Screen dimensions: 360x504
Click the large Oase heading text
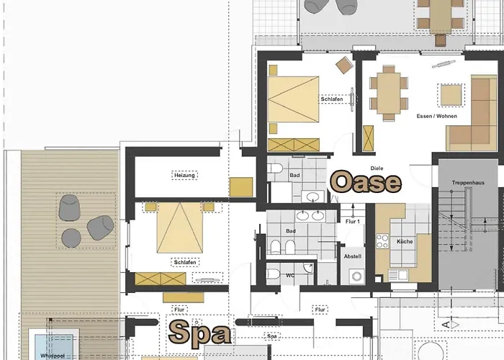point(365,182)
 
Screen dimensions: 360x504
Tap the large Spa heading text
point(199,333)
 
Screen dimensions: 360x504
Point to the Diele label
point(377,168)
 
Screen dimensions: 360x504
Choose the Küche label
point(405,241)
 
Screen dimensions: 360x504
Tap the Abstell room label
point(353,256)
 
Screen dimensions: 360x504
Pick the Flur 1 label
point(352,222)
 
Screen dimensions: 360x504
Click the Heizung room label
point(184,175)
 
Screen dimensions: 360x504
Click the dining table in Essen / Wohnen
point(389,92)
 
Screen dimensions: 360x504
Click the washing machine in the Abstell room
point(356,276)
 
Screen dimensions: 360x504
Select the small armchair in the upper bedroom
point(344,65)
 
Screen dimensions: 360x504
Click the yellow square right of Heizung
point(240,187)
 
